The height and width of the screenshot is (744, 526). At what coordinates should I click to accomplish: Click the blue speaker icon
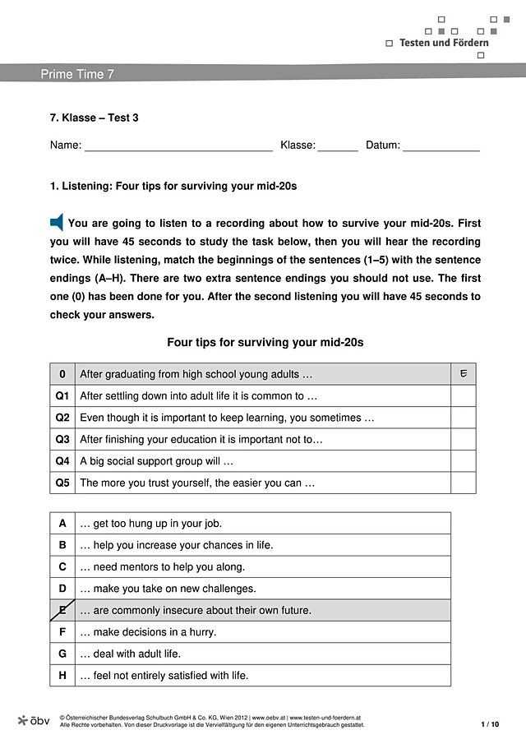pos(57,222)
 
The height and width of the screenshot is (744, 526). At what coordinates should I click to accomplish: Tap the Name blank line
pos(178,146)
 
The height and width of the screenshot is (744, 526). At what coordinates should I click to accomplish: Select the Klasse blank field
pos(338,146)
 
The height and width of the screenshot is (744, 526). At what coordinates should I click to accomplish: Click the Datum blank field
pos(441,146)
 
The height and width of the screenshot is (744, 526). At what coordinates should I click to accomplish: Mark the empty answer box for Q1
pos(464,396)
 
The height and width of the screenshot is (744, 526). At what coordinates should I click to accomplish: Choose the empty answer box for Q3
pos(464,440)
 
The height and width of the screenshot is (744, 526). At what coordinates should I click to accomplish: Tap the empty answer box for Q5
pos(464,483)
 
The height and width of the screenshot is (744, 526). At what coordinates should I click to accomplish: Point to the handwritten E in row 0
pos(464,374)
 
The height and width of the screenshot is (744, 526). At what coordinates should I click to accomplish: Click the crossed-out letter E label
pos(62,610)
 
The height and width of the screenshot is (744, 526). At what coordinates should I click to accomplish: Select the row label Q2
pos(62,418)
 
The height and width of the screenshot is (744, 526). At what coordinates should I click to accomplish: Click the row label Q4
pos(62,461)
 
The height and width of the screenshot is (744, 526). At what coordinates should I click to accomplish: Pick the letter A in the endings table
pos(62,523)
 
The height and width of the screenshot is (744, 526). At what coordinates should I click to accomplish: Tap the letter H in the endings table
pos(62,676)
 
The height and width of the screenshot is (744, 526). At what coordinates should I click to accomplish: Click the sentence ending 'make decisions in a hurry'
pos(149,632)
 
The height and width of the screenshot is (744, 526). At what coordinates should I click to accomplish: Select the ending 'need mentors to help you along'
pos(163,566)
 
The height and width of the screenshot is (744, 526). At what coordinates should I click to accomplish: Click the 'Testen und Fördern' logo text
pos(444,43)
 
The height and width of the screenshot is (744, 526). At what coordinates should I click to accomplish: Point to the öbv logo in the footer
pos(34,720)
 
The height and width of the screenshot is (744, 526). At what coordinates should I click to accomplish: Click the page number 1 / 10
pos(490,724)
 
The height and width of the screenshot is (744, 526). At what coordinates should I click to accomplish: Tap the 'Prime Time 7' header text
pos(77,74)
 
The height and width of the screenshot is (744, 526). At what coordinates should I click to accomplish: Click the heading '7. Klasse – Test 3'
pos(95,118)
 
